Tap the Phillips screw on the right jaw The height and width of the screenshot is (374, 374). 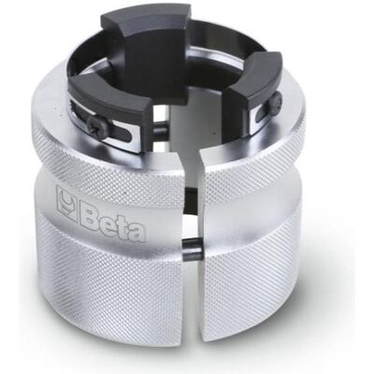click(x=276, y=101)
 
